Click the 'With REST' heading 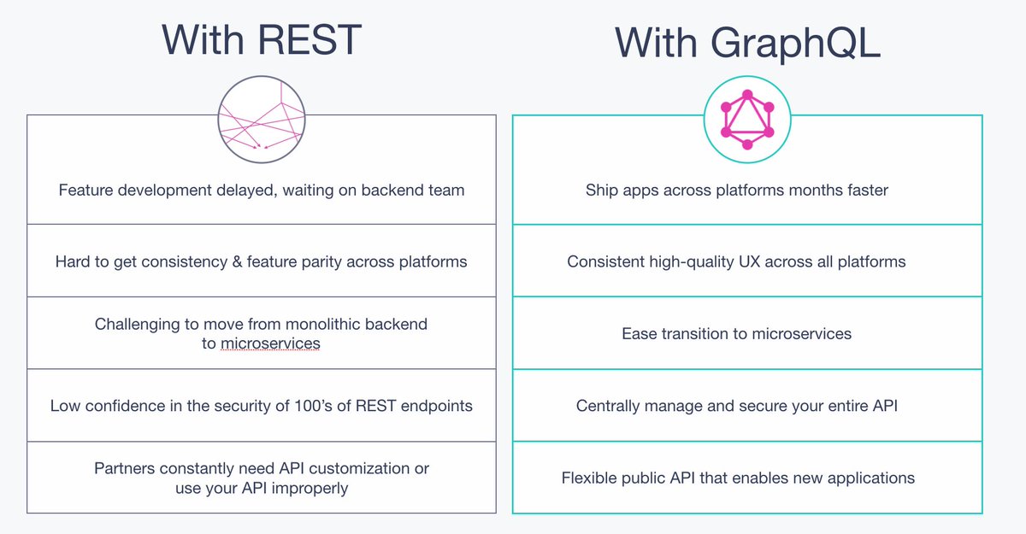262,40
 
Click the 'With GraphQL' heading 747,44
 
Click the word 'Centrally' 611,406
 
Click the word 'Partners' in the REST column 126,468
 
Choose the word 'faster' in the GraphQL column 864,190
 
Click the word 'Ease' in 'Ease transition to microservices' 639,333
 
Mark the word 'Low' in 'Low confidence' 65,406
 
